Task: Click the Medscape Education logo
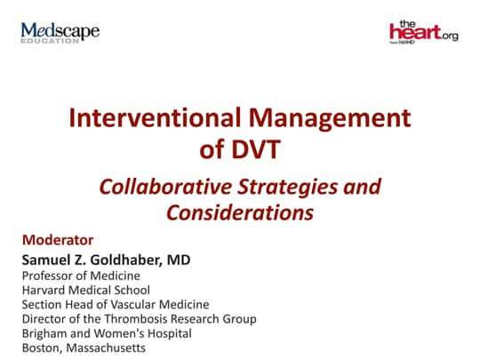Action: pos(60,34)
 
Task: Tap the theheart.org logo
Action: pos(423,33)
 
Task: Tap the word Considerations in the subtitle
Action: pos(240,213)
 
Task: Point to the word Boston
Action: pos(40,348)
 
